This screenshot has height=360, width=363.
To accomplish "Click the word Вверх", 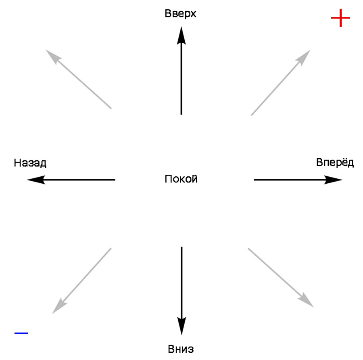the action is [181, 14].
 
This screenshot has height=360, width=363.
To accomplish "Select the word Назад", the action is [30, 163].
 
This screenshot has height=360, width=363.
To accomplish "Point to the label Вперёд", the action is [335, 163].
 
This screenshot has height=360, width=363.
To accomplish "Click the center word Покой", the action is [181, 179].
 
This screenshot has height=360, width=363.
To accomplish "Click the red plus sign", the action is [340, 18].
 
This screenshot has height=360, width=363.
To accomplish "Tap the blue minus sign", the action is [21, 333].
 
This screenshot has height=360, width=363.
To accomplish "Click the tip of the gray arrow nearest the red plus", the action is [309, 51].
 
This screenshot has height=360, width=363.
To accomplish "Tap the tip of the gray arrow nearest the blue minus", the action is [54, 312].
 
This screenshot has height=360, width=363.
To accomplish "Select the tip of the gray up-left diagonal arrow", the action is [48, 51].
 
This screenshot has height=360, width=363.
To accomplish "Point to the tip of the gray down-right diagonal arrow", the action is [312, 306].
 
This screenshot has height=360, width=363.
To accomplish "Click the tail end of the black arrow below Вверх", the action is [181, 114].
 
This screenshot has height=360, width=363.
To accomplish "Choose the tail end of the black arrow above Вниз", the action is [181, 247].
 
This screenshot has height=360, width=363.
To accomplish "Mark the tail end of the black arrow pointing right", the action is [255, 180].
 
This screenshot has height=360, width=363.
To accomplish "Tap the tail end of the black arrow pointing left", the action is [115, 180].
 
